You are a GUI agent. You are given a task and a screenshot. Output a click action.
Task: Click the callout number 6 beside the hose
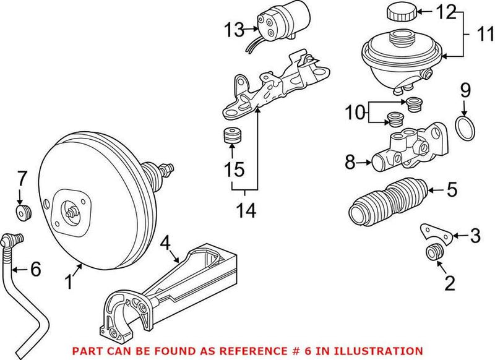coord(35,269)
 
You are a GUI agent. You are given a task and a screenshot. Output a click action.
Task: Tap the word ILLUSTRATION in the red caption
coord(385,351)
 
